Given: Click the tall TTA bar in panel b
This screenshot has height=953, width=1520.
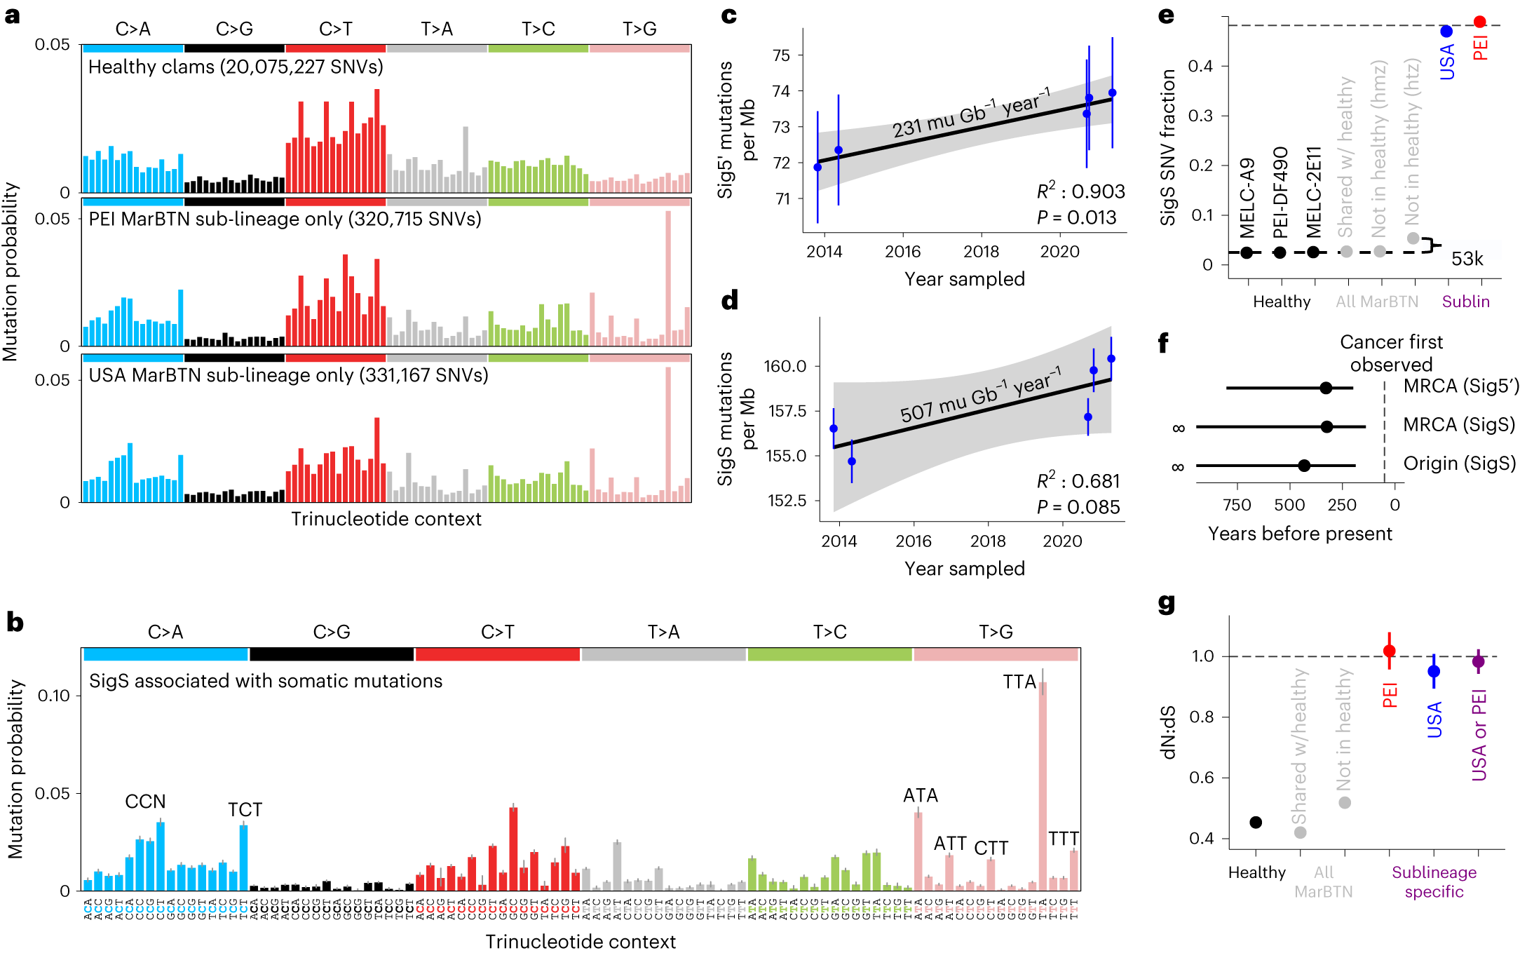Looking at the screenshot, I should (1043, 785).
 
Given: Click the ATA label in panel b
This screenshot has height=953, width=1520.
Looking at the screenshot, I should (920, 795).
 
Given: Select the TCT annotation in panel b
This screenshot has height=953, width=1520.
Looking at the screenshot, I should (245, 810).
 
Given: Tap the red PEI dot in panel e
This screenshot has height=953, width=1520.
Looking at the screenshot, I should (1480, 22).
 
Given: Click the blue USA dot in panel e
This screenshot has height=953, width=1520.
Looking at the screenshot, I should (1446, 31).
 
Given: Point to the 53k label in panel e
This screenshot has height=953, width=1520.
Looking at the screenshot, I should (1467, 259).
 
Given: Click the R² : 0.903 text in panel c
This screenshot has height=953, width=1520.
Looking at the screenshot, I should (1080, 191).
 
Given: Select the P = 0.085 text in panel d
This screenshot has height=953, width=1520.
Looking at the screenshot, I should (1078, 507).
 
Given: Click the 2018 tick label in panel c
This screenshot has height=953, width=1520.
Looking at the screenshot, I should (981, 252).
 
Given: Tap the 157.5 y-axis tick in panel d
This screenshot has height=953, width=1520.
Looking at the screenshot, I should (787, 411).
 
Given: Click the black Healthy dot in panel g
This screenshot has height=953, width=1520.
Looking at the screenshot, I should (1256, 822).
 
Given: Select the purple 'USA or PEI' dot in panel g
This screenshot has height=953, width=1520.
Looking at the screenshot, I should (1479, 661).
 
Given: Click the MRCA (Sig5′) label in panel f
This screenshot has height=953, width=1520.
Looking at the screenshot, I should (1460, 386).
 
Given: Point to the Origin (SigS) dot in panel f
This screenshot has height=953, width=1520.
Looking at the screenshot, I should (1304, 465).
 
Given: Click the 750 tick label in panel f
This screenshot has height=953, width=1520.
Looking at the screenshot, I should (1237, 505).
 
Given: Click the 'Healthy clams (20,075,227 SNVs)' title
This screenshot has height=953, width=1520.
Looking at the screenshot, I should (236, 67).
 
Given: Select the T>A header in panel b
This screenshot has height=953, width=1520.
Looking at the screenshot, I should (663, 632).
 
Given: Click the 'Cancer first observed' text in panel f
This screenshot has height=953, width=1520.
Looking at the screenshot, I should (1391, 353).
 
